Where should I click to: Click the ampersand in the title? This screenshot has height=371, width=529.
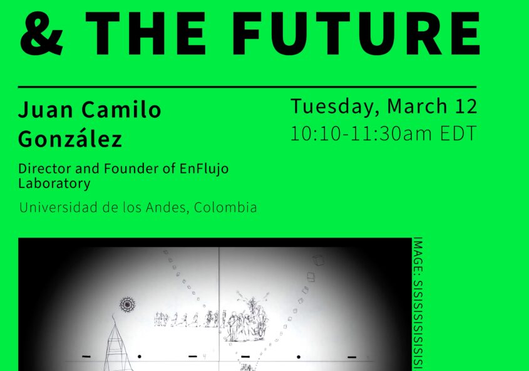click(41, 33)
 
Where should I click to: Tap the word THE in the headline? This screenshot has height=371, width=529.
click(145, 33)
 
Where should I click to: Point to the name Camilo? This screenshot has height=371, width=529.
click(121, 109)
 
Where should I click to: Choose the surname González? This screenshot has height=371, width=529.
click(70, 138)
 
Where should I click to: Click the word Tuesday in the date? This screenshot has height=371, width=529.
click(332, 107)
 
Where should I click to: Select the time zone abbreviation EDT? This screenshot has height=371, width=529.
click(458, 133)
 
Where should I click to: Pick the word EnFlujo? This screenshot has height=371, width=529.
click(203, 169)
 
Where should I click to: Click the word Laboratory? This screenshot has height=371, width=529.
click(54, 184)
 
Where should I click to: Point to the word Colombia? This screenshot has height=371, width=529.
click(225, 207)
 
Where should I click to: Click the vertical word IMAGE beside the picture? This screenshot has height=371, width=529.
click(418, 254)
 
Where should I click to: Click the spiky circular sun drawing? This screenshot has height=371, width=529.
click(128, 305)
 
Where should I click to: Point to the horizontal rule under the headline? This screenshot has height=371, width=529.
click(247, 87)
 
